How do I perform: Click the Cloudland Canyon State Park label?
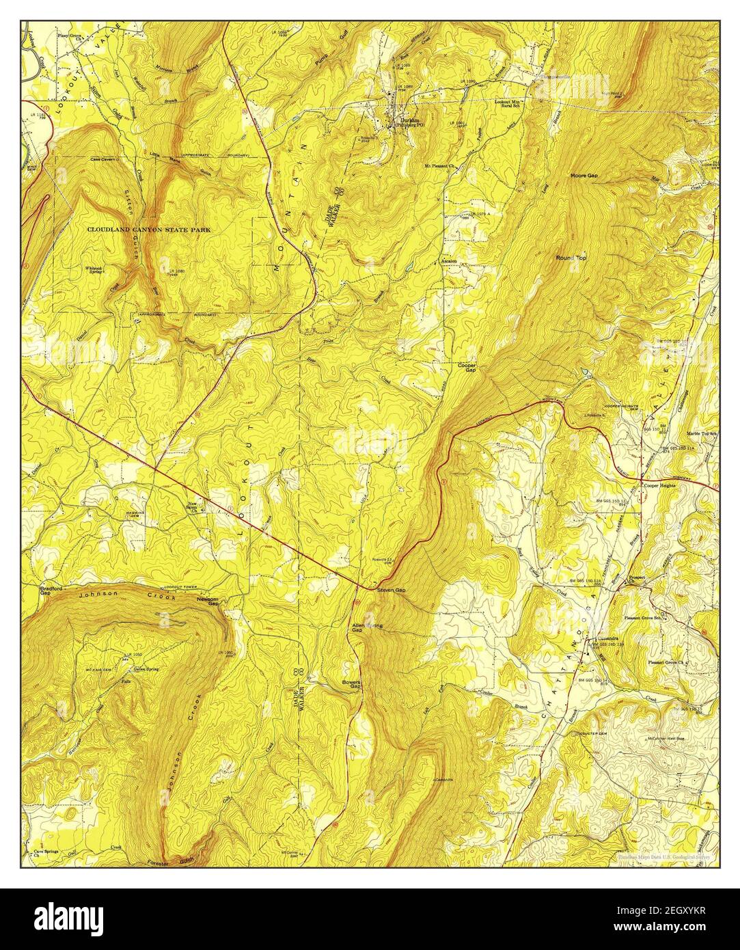click(x=148, y=230)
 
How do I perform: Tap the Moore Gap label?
click(x=584, y=176)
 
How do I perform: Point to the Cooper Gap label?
click(x=467, y=368)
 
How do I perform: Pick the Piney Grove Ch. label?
click(x=73, y=32)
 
